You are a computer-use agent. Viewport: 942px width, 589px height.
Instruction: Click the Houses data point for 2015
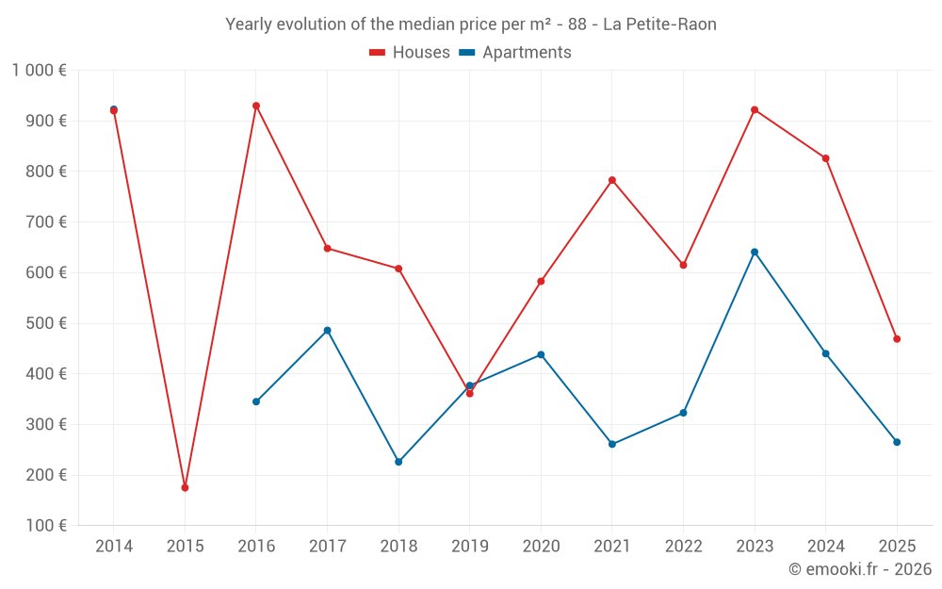[185, 487]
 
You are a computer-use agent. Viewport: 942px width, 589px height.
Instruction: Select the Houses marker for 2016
[256, 106]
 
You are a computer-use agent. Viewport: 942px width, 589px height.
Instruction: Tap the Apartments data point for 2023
[755, 252]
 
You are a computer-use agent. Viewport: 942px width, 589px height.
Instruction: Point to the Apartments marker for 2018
[398, 462]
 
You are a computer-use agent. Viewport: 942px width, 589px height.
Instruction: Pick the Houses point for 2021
[612, 180]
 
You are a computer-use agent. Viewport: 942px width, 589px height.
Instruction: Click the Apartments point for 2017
[327, 330]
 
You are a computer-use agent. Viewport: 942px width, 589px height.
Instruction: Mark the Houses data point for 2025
[897, 338]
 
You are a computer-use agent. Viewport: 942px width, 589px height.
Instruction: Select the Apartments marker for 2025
[897, 442]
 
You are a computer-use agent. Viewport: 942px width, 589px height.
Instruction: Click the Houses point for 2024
[825, 158]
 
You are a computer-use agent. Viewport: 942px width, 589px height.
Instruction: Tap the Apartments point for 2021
[612, 444]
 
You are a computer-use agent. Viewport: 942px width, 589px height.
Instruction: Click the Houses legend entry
[410, 53]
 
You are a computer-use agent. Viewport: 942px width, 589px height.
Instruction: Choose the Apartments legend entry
[515, 53]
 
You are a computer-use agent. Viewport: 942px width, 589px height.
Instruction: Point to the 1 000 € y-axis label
[39, 71]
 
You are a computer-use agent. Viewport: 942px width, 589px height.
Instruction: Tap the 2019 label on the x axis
[469, 547]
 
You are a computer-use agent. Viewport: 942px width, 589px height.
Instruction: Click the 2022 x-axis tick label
[683, 547]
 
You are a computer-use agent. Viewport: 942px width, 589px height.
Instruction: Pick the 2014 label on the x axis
[114, 547]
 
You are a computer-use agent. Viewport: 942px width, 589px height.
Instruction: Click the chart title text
[471, 25]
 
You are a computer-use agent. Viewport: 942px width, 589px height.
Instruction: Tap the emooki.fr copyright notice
[859, 569]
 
